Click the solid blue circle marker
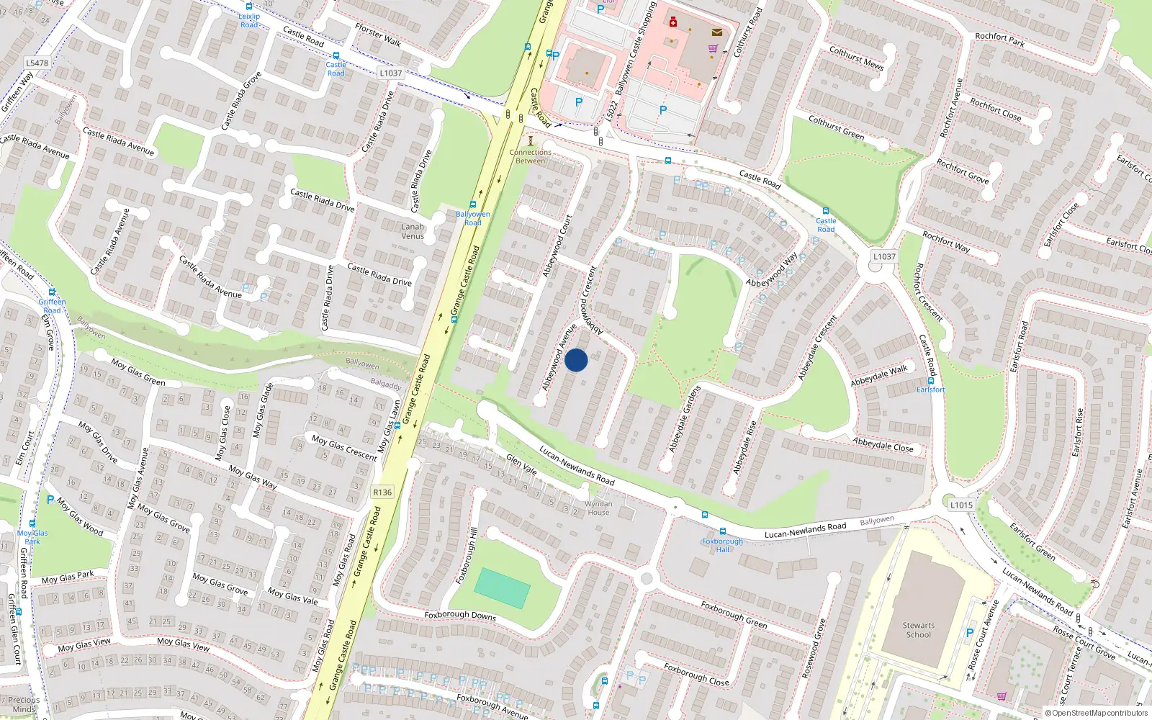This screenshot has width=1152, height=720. pyautogui.click(x=576, y=360)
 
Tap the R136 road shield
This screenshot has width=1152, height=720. pyautogui.click(x=382, y=492)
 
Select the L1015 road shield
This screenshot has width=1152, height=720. pyautogui.click(x=961, y=505)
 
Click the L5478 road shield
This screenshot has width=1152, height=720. pyautogui.click(x=37, y=63)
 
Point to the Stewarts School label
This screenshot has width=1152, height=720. pyautogui.click(x=919, y=630)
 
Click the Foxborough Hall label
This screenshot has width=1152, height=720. pyautogui.click(x=722, y=545)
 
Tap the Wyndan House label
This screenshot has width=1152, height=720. pyautogui.click(x=598, y=508)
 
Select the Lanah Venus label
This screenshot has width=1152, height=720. pyautogui.click(x=413, y=231)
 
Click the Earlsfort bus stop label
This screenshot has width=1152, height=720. pyautogui.click(x=930, y=390)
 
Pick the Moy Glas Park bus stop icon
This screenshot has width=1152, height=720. pyautogui.click(x=32, y=523)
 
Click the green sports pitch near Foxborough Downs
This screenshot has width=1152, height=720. pyautogui.click(x=503, y=588)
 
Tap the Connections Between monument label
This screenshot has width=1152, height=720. pyautogui.click(x=531, y=156)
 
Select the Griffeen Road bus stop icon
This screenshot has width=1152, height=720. pyautogui.click(x=52, y=292)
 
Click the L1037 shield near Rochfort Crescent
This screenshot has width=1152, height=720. pyautogui.click(x=884, y=256)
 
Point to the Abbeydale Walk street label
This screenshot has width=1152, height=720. pyautogui.click(x=879, y=375)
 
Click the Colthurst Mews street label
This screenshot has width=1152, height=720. pyautogui.click(x=856, y=58)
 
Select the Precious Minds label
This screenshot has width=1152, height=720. pyautogui.click(x=24, y=704)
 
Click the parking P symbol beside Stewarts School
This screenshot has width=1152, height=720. pyautogui.click(x=970, y=634)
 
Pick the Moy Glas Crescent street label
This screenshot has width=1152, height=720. pyautogui.click(x=344, y=447)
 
